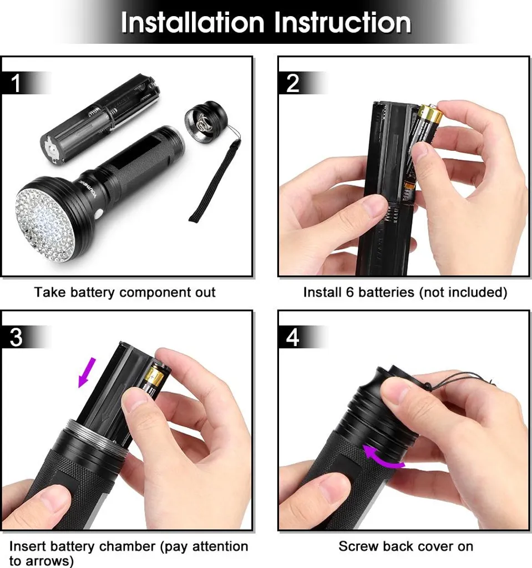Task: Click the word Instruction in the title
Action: point(342,23)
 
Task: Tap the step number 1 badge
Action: point(17,83)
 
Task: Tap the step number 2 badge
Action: point(292,83)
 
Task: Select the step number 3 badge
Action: point(17,337)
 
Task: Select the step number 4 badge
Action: point(292,337)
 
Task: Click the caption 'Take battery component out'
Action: point(125,292)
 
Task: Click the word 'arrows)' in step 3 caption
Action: point(42,561)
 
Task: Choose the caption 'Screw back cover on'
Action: point(406,546)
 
